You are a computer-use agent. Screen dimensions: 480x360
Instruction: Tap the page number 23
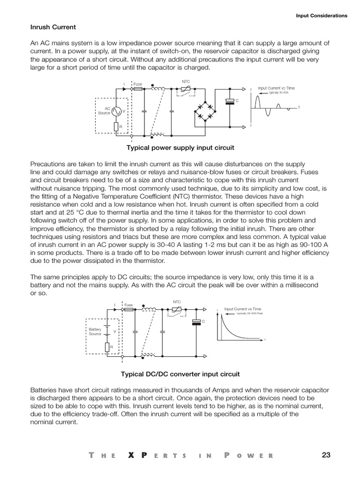tap(327, 455)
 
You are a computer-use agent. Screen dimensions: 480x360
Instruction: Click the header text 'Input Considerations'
tap(322, 15)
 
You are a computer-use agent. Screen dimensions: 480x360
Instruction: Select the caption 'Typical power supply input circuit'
tap(180, 148)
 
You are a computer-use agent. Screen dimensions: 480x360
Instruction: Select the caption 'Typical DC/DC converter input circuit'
tap(180, 374)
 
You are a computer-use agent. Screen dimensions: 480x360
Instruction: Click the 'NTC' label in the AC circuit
tap(185, 81)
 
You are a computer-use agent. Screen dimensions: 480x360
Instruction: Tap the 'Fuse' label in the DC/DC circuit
tap(128, 305)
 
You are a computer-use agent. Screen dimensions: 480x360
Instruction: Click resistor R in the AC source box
tap(115, 127)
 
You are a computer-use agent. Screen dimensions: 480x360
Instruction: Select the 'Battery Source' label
tap(95, 331)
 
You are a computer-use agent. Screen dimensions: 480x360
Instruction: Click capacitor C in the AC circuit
tap(230, 101)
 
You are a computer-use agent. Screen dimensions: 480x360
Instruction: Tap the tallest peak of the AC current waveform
tap(257, 97)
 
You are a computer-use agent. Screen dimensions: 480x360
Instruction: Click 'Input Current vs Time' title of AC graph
tap(277, 88)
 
